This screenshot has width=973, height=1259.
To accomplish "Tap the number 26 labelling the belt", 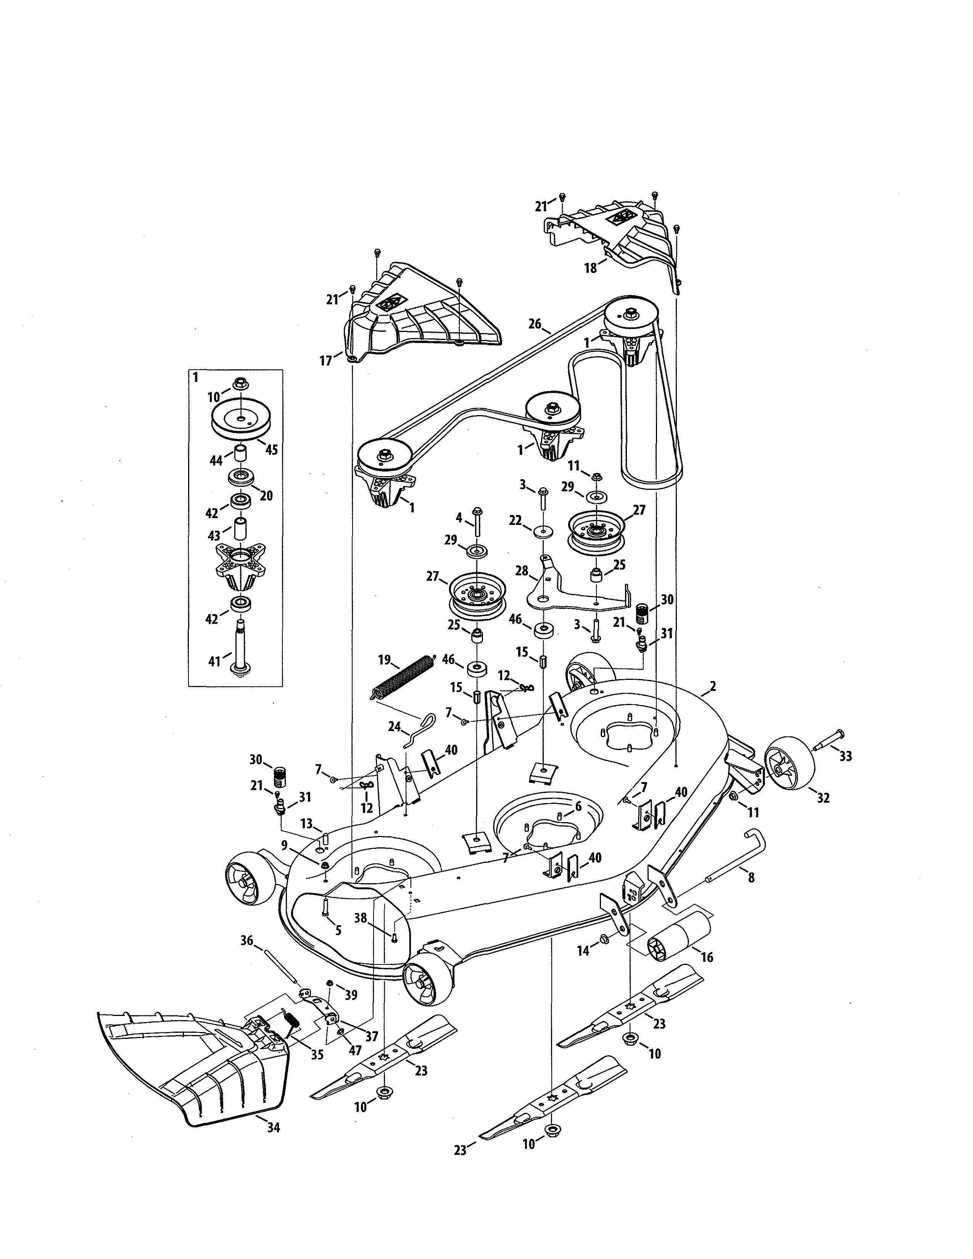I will coord(534,324).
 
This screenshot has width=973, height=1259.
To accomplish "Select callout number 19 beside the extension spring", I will coord(385,660).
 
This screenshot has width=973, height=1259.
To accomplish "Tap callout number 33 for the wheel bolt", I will coord(845,756).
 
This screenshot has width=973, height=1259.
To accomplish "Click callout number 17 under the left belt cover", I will coord(326,361).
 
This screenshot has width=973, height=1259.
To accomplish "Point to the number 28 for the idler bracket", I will coord(522,571).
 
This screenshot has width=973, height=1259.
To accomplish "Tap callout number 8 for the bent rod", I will coord(751,877).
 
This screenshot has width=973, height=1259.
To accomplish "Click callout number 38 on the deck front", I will coord(360,917).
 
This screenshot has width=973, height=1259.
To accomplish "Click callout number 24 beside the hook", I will coord(394,727).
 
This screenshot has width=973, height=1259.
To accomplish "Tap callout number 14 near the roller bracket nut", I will coord(584,951).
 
